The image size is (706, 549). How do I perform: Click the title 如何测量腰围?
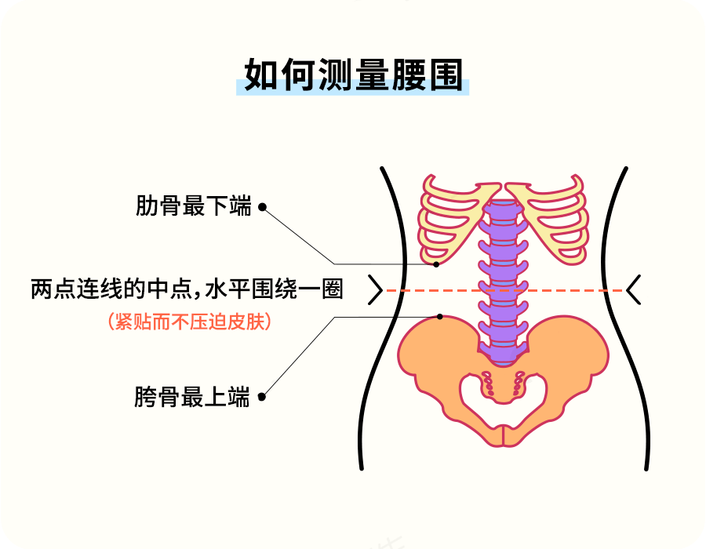[x=352, y=76]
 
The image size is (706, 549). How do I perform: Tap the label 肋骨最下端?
[x=193, y=207]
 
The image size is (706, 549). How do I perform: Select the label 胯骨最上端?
[x=192, y=397]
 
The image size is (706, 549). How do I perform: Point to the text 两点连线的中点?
[x=110, y=290]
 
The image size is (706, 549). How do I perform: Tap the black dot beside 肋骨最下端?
[x=262, y=208]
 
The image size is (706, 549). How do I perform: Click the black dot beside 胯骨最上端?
[x=262, y=397]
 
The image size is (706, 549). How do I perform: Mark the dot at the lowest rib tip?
[x=437, y=264]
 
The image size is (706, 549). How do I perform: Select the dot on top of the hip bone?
[x=440, y=317]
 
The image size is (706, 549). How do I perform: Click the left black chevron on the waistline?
[x=375, y=290]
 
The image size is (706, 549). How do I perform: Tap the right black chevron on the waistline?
[x=634, y=290]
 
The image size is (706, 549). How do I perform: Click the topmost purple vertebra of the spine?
[x=503, y=209]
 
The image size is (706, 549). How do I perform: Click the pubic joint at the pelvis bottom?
[x=503, y=434]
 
